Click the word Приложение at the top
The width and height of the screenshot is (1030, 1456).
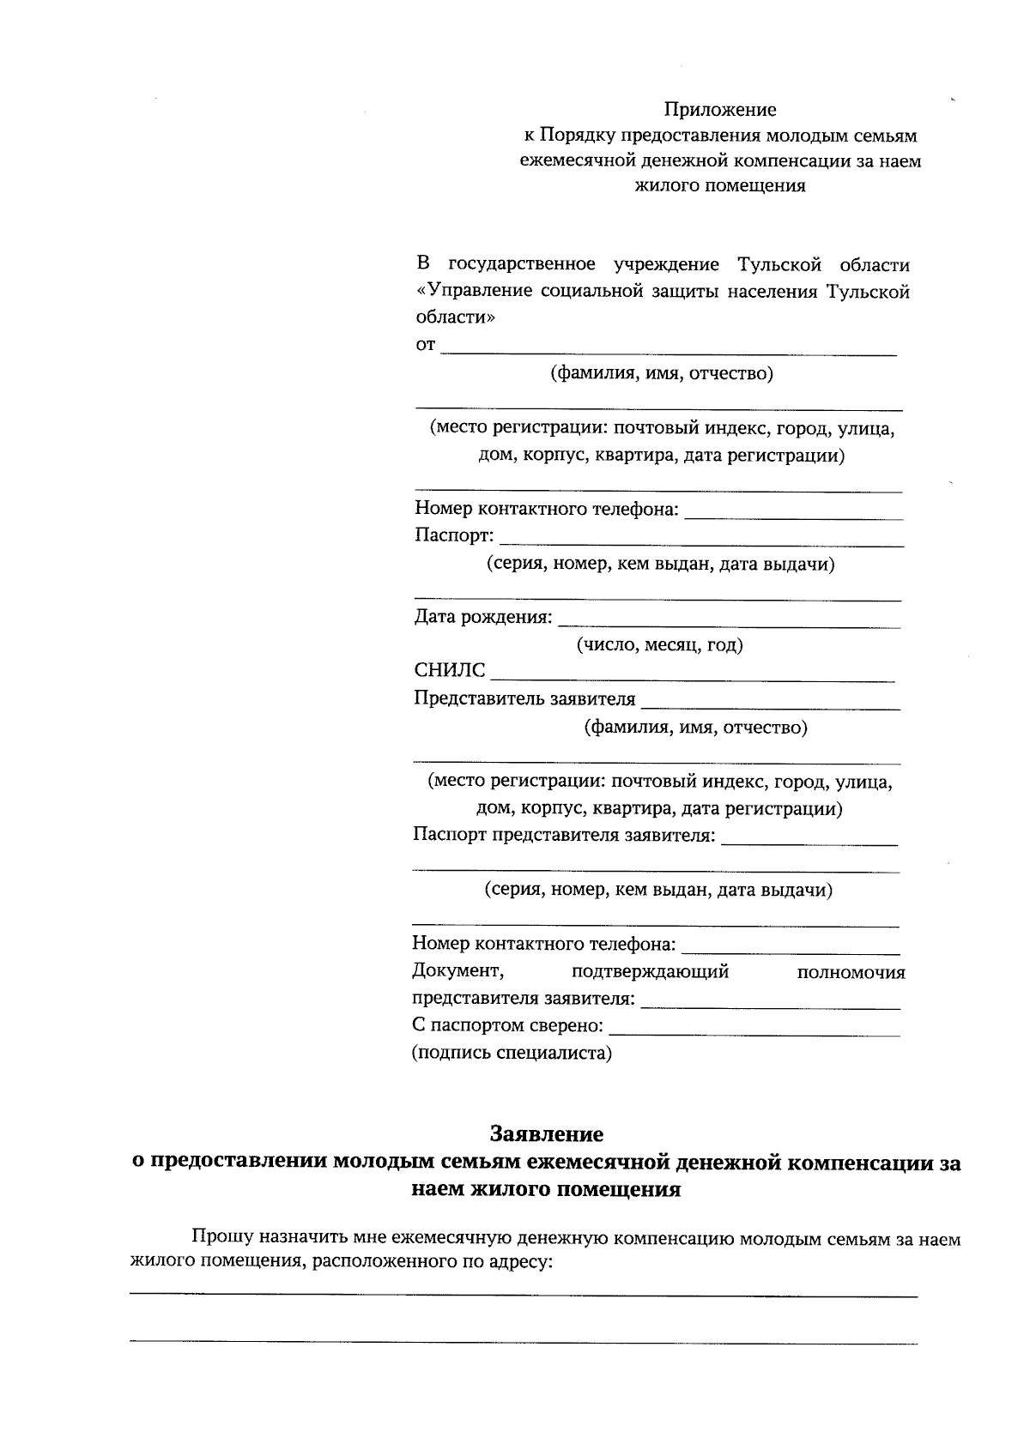[719, 110]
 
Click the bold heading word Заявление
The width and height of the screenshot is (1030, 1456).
[546, 1134]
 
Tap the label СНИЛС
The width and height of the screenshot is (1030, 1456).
[449, 671]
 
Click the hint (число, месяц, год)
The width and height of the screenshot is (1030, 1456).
[659, 645]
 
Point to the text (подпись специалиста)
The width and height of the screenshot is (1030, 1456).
[512, 1054]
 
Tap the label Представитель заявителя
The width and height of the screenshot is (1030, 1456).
[524, 699]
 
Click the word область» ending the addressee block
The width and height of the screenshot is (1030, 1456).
[455, 317]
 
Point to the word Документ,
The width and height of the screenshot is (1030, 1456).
[457, 971]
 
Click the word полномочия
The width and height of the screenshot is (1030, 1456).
[851, 973]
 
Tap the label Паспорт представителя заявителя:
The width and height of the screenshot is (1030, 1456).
[564, 836]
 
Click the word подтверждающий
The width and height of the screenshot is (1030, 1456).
[650, 972]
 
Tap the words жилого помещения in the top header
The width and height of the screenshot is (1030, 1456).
[719, 185]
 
